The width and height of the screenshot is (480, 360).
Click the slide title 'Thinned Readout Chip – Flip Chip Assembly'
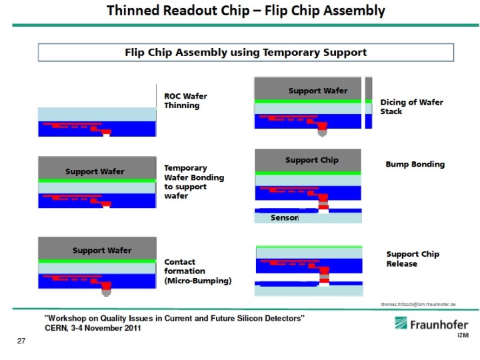pyautogui.click(x=246, y=11)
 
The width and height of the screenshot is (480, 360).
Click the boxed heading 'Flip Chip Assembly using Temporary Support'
pyautogui.click(x=245, y=52)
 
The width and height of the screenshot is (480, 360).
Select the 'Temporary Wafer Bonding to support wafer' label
pyautogui.click(x=193, y=182)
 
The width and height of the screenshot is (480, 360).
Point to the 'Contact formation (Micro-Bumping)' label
pyautogui.click(x=197, y=271)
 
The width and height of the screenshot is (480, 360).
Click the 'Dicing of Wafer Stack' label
pyautogui.click(x=411, y=107)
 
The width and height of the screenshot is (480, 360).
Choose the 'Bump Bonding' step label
pyautogui.click(x=415, y=164)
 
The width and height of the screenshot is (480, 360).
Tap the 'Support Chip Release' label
pyautogui.click(x=413, y=259)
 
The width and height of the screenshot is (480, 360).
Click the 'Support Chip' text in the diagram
pyautogui.click(x=311, y=160)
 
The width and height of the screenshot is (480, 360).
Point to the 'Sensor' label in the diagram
pyautogui.click(x=284, y=218)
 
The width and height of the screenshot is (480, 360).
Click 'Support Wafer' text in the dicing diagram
pyautogui.click(x=317, y=91)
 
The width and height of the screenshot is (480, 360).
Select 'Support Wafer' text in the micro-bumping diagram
pyautogui.click(x=102, y=251)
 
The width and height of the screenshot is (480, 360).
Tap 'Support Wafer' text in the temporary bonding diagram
pyautogui.click(x=95, y=171)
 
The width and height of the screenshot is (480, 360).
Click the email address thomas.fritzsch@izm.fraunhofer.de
pyautogui.click(x=418, y=304)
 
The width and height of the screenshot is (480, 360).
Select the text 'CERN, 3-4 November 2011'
pyautogui.click(x=93, y=328)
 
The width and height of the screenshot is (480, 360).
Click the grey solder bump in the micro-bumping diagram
pyautogui.click(x=107, y=291)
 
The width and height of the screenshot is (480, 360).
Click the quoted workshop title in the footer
pyautogui.click(x=174, y=319)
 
